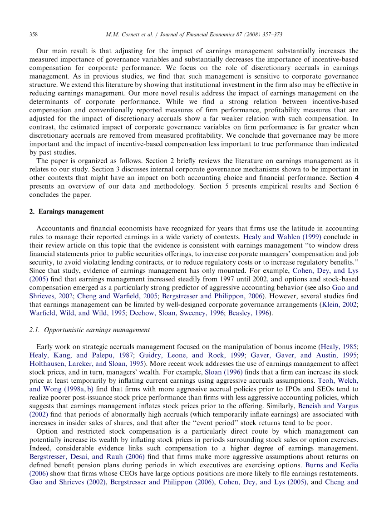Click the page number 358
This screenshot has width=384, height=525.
pyautogui.click(x=33, y=34)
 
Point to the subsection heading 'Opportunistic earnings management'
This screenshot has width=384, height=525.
pyautogui.click(x=97, y=330)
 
